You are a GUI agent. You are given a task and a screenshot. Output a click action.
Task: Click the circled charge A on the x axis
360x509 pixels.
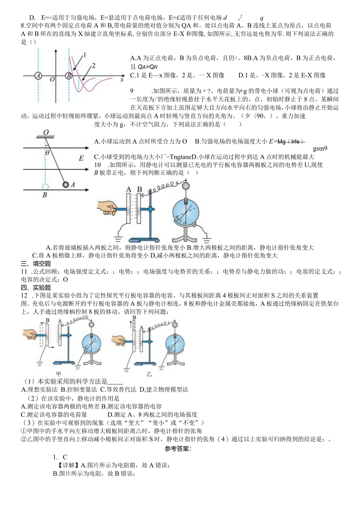click(x=38, y=76)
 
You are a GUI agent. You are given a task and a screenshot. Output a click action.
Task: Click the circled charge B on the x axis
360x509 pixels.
click(x=68, y=76)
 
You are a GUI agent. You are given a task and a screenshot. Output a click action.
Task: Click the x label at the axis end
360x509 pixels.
click(x=122, y=79)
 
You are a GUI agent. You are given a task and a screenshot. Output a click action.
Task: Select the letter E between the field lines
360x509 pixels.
click(x=81, y=158)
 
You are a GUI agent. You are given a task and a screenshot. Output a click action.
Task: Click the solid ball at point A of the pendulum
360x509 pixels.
click(x=66, y=184)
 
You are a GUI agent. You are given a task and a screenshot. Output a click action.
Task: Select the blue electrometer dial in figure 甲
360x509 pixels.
click(x=93, y=344)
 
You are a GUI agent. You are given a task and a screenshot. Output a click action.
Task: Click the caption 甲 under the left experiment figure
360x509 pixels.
click(x=59, y=373)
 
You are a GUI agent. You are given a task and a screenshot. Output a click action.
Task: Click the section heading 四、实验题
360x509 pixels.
click(x=36, y=288)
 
